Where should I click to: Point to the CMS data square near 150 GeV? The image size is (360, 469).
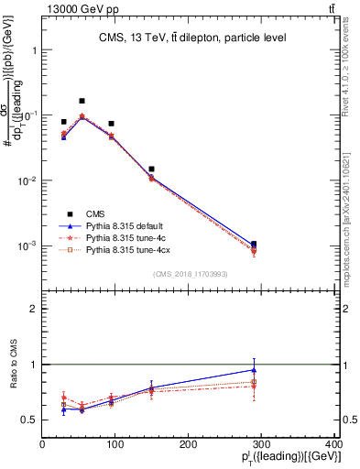click(x=151, y=169)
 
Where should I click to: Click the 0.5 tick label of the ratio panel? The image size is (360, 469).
click(x=30, y=420)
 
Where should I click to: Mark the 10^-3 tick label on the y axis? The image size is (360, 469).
click(x=27, y=245)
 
